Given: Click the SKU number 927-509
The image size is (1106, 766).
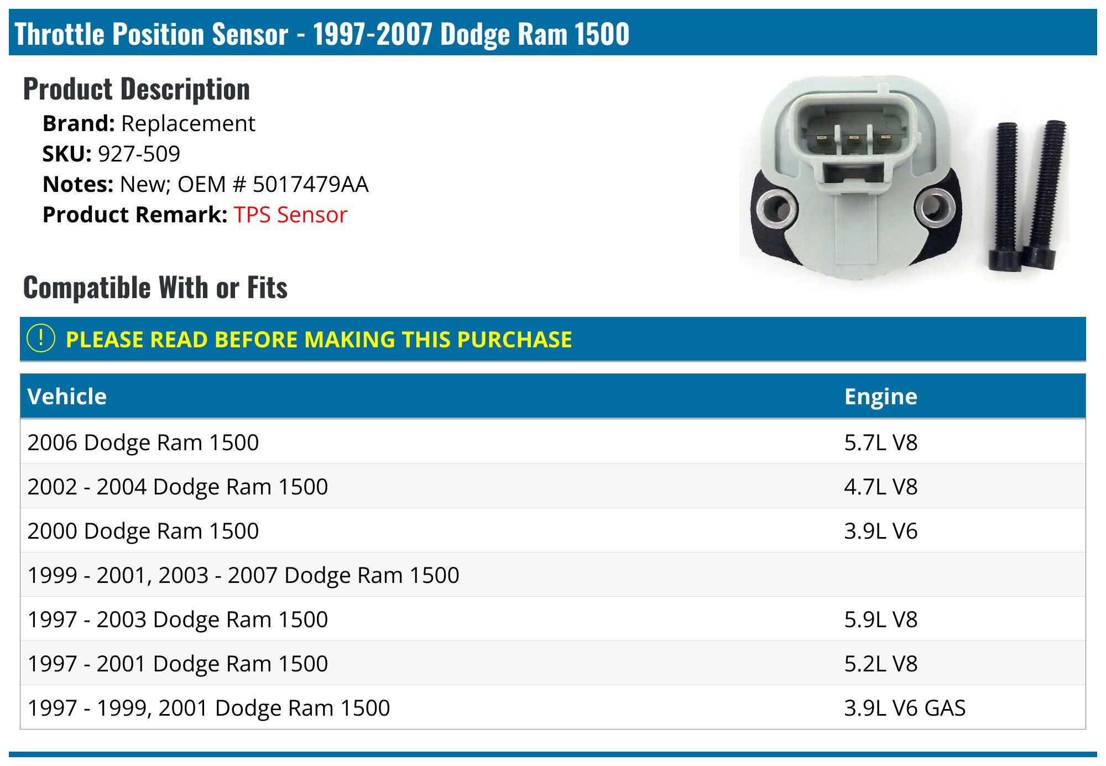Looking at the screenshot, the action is coord(139,154).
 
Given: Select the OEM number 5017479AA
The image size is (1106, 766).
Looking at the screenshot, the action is coord(310,184).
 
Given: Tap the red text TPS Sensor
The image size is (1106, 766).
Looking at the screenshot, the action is coord(290,215).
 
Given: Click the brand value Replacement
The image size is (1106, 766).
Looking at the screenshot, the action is coord(188,123).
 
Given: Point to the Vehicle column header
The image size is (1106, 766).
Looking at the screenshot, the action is coord(67,397).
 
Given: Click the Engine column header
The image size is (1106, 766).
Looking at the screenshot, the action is coord(880,397).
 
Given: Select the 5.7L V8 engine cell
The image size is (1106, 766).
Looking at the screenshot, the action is coord(880,442).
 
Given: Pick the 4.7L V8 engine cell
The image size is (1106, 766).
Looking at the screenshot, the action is coord(880,487).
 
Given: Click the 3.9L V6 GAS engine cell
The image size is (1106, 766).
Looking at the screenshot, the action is coord(905,708).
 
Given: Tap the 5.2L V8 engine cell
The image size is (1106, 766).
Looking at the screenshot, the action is coord(880,664).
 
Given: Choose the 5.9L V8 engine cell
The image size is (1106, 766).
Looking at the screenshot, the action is coord(880,619).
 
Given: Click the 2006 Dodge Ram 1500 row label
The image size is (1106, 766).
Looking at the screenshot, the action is coord(143,442).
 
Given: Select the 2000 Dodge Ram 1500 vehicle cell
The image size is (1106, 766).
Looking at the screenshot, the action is coord(143,531).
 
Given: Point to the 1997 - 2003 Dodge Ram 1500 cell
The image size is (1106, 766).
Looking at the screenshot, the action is coord(178,619).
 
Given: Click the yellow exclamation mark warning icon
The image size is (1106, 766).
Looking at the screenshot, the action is coord(41,338).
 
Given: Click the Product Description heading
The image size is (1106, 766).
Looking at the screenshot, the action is coord(137,90).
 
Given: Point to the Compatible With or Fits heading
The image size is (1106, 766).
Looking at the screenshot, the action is coord(155,288).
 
